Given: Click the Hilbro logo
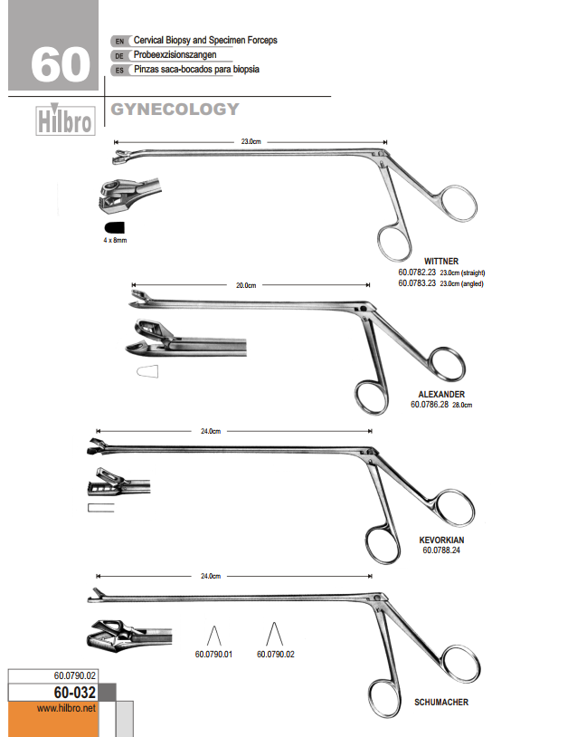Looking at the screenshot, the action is pos(65,120).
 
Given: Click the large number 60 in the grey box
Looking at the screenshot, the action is pos(61,64).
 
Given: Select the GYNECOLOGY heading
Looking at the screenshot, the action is pos(175,109).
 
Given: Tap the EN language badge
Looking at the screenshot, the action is pos(119,42).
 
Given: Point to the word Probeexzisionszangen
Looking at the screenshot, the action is pos(175,55).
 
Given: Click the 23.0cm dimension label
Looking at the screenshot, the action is pos(251,141).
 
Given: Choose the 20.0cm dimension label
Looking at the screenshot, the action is pos(246,285).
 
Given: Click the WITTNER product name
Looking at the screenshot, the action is pos(441,262).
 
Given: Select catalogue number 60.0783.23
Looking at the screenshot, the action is pos(417,283).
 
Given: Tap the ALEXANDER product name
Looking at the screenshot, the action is pos(441,395).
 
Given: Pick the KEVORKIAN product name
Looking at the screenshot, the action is pos(441,540).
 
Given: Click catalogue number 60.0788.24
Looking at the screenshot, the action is pos(441,550).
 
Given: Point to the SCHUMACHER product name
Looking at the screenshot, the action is pos(441,703).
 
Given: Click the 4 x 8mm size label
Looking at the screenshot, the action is pos(115,240).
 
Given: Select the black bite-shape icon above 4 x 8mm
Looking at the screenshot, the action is pos(115,227).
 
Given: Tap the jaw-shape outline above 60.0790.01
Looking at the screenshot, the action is pos(214,636).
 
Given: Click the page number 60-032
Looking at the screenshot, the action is pos(75,693).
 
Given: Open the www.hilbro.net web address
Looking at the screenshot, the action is pos(66,708).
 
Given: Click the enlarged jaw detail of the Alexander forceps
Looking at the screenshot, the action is pos(185,338).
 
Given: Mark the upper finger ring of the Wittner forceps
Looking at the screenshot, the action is pos(459,203).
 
